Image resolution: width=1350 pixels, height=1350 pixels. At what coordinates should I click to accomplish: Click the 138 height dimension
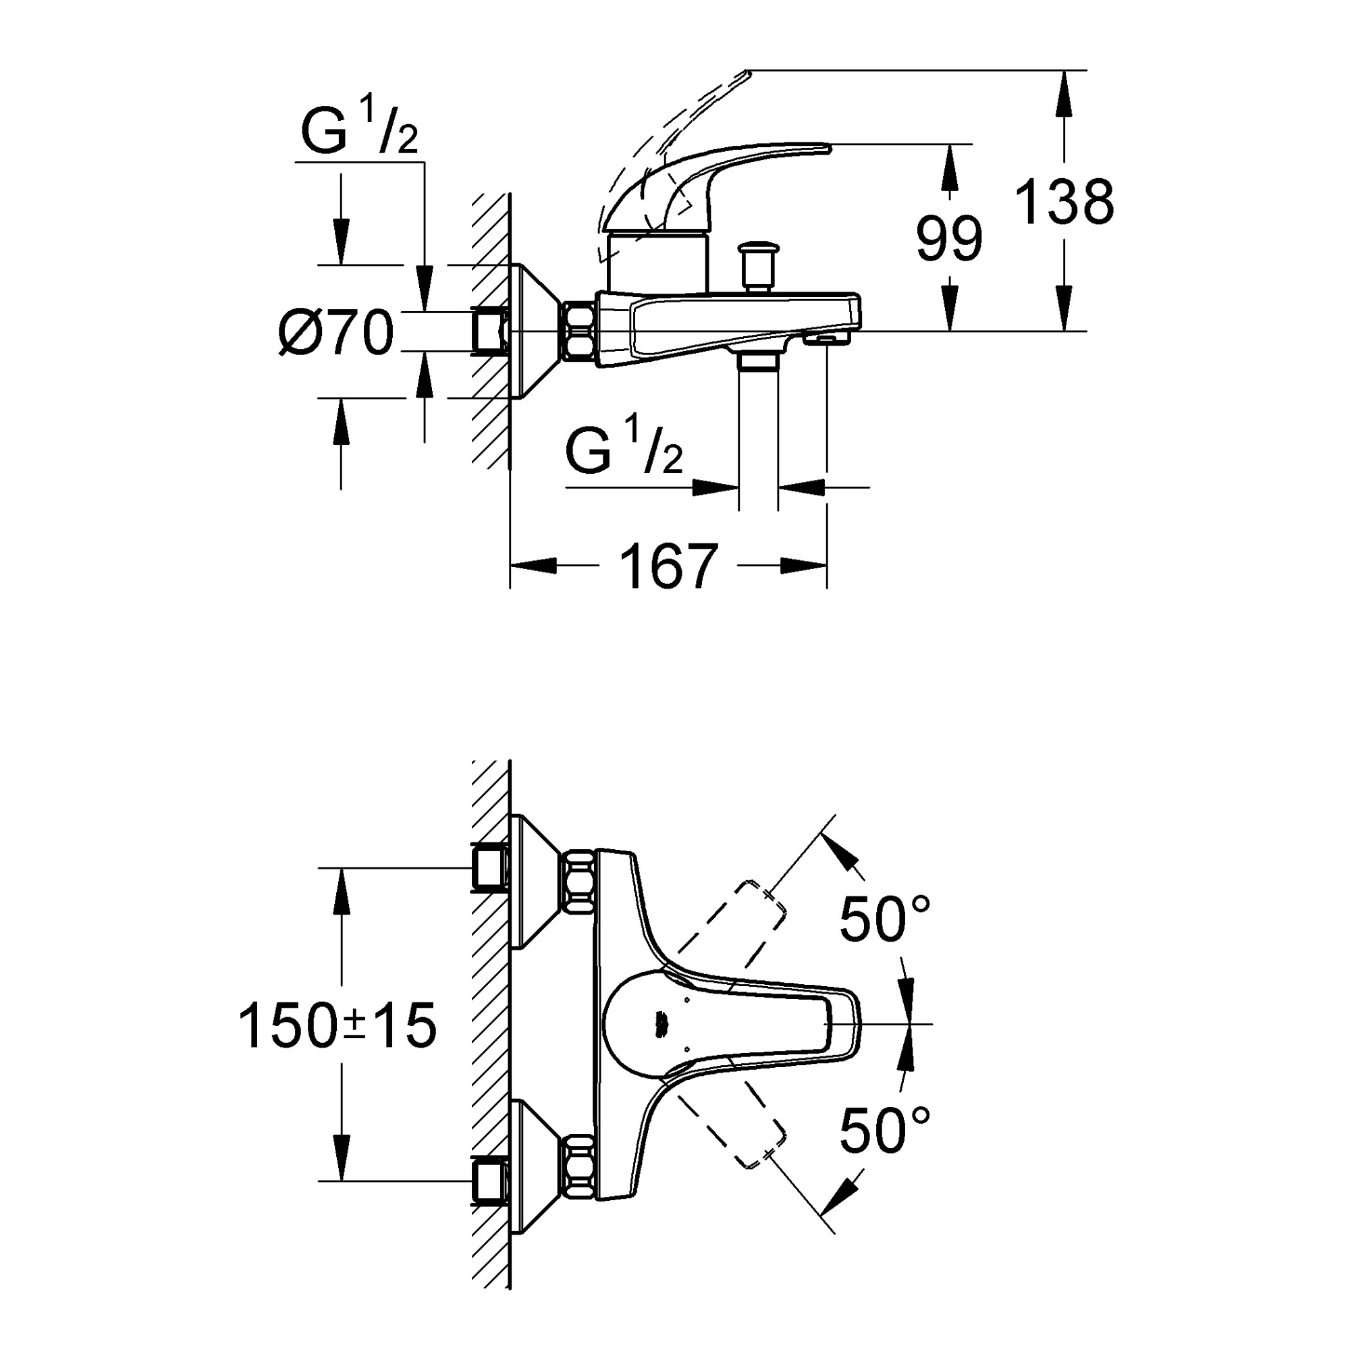pyautogui.click(x=1063, y=202)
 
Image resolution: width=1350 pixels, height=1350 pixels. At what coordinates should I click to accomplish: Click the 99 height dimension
pyautogui.click(x=948, y=239)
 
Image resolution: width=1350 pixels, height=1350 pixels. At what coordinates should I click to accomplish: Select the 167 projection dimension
pyautogui.click(x=668, y=566)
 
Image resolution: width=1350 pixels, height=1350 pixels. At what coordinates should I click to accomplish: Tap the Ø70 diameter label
pyautogui.click(x=336, y=333)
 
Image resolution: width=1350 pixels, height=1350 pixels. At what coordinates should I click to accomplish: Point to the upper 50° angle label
pyautogui.click(x=884, y=919)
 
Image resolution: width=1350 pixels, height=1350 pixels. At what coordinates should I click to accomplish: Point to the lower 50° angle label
pyautogui.click(x=884, y=1131)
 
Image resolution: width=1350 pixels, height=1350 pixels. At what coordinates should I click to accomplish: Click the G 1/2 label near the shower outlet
pyautogui.click(x=623, y=453)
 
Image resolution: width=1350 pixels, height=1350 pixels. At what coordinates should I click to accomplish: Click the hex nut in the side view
pyautogui.click(x=579, y=331)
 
